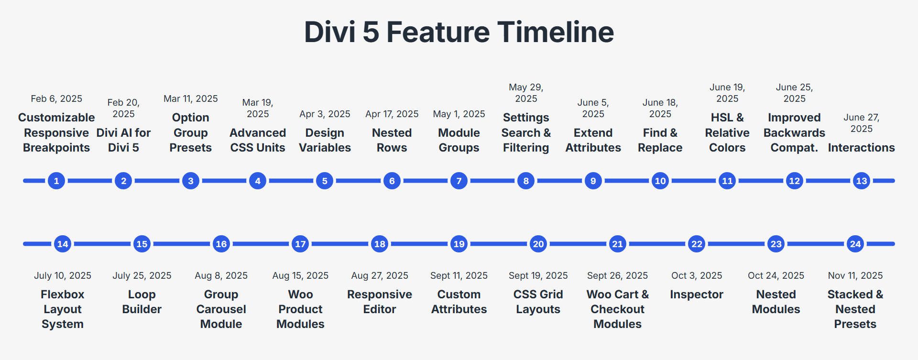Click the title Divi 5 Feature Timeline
(x=459, y=32)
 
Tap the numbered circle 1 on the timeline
(x=56, y=181)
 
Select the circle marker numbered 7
(x=459, y=181)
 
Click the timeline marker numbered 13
(x=861, y=181)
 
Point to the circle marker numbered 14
(x=63, y=244)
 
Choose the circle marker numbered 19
(x=459, y=244)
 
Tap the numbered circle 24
(x=855, y=244)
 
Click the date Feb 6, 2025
(x=56, y=98)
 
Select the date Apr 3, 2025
(x=325, y=114)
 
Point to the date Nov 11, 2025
(x=855, y=275)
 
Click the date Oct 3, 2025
(x=697, y=275)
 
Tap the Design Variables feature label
(x=325, y=140)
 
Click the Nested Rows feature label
(x=392, y=140)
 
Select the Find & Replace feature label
(x=660, y=140)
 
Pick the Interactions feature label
(x=861, y=148)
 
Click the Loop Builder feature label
(x=142, y=302)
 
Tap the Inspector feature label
(x=697, y=295)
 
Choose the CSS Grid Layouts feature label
(x=538, y=302)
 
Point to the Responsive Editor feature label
(x=380, y=302)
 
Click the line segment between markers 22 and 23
(x=736, y=244)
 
